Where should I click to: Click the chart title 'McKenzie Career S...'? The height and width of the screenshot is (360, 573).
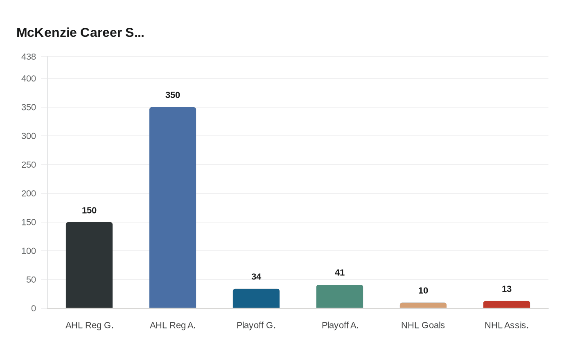[80, 33]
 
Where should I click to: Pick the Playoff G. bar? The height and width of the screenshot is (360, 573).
[256, 299]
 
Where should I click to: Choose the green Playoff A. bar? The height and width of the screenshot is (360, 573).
[340, 297]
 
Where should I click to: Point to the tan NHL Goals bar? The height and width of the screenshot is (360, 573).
[423, 306]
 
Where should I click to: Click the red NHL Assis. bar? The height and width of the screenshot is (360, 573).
[507, 305]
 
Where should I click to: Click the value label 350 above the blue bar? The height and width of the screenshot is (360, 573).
[173, 95]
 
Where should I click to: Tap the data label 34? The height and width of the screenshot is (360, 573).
[256, 277]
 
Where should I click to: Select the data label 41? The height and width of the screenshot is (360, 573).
[340, 273]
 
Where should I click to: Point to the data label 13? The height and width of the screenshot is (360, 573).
[507, 289]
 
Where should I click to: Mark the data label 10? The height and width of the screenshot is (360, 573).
[423, 291]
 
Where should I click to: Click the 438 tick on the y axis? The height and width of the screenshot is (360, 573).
[29, 57]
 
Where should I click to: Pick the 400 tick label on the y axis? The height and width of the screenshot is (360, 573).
[29, 79]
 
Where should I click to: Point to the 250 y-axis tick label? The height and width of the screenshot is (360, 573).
[29, 165]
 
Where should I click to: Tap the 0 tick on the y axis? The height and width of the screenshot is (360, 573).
[34, 308]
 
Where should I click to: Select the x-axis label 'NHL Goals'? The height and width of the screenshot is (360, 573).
[423, 325]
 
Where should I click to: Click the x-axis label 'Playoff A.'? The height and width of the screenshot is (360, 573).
[340, 325]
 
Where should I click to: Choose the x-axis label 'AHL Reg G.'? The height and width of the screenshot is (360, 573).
[89, 325]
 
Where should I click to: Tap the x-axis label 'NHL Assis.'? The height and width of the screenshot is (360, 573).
[506, 325]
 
